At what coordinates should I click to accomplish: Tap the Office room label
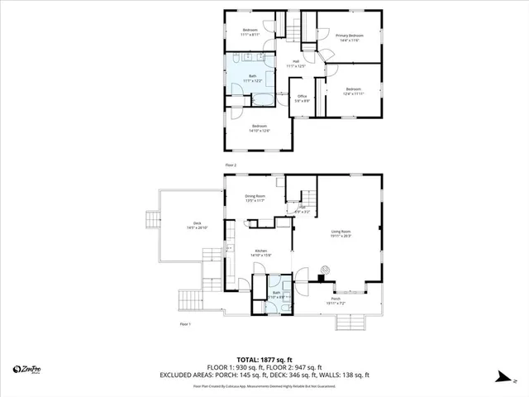tap(303, 98)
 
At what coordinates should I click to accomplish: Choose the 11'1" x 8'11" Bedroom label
tap(250, 32)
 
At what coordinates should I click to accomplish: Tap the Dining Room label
tap(255, 198)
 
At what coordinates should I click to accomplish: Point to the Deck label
tap(197, 224)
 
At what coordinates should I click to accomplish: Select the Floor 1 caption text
tap(185, 324)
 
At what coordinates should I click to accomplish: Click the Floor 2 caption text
tap(231, 165)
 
